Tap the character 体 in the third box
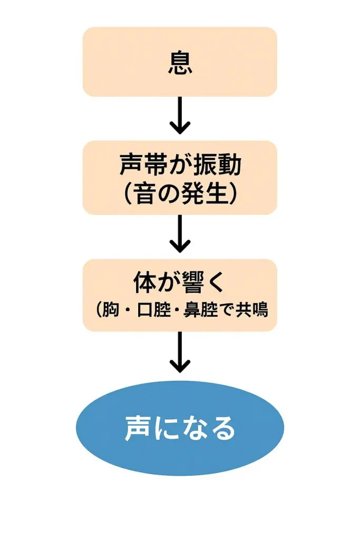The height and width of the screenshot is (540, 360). click(x=144, y=284)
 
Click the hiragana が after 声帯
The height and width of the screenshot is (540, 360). click(x=180, y=166)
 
